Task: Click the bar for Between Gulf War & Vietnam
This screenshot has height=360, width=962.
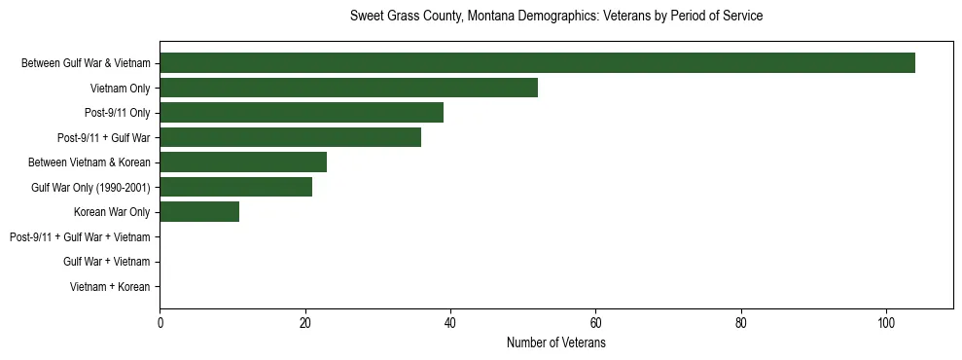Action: click(537, 63)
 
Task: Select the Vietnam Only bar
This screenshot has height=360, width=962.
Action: click(348, 88)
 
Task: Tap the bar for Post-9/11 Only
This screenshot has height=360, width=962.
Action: click(302, 113)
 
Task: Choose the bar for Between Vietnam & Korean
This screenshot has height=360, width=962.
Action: click(243, 162)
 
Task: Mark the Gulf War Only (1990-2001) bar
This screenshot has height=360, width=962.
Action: click(235, 187)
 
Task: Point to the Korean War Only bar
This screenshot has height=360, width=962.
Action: click(199, 212)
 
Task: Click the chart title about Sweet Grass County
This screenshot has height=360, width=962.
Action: click(555, 17)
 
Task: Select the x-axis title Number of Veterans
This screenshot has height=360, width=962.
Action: click(555, 343)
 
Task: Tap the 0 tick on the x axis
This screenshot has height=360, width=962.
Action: click(160, 323)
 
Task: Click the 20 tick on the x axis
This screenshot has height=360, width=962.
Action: click(305, 323)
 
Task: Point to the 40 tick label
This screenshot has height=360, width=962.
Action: click(450, 323)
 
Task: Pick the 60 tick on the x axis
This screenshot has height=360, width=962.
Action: click(595, 323)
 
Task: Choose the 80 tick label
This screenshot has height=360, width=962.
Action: click(741, 323)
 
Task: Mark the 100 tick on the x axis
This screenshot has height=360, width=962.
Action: click(886, 323)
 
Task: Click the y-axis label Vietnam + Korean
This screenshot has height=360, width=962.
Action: click(110, 287)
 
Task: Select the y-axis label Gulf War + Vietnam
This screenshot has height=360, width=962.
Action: click(106, 262)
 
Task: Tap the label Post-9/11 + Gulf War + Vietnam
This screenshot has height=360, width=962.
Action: click(80, 237)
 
